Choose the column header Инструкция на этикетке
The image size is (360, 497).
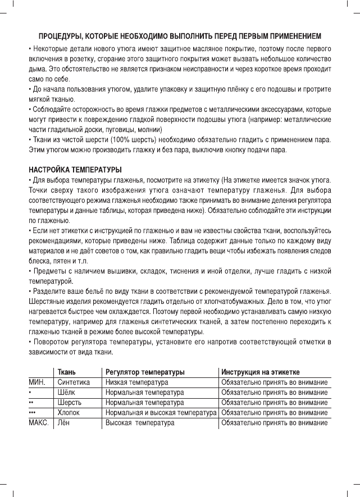point(260,372)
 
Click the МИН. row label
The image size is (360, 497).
point(38,382)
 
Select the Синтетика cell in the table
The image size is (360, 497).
point(74,382)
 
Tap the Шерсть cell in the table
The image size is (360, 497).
point(70,402)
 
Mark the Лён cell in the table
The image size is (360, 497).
point(64,422)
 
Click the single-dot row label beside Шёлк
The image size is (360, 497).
point(30,392)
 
